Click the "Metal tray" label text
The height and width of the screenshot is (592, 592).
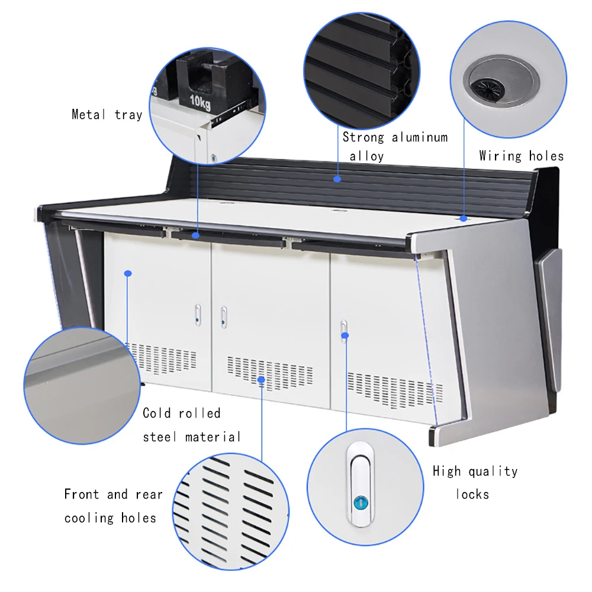point(107,115)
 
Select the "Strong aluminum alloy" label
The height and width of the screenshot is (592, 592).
point(395,146)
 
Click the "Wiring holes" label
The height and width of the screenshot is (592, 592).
point(521,156)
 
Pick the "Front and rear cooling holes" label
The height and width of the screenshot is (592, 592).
point(113,506)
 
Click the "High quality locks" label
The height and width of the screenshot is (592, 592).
point(475,482)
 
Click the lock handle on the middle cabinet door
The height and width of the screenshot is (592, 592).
point(224,316)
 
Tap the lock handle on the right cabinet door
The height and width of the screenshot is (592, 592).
point(344,331)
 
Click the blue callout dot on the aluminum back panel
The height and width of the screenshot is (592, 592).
point(337,177)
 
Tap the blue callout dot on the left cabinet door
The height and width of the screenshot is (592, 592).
point(127,273)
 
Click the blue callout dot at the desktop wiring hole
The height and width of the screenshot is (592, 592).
point(464,218)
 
